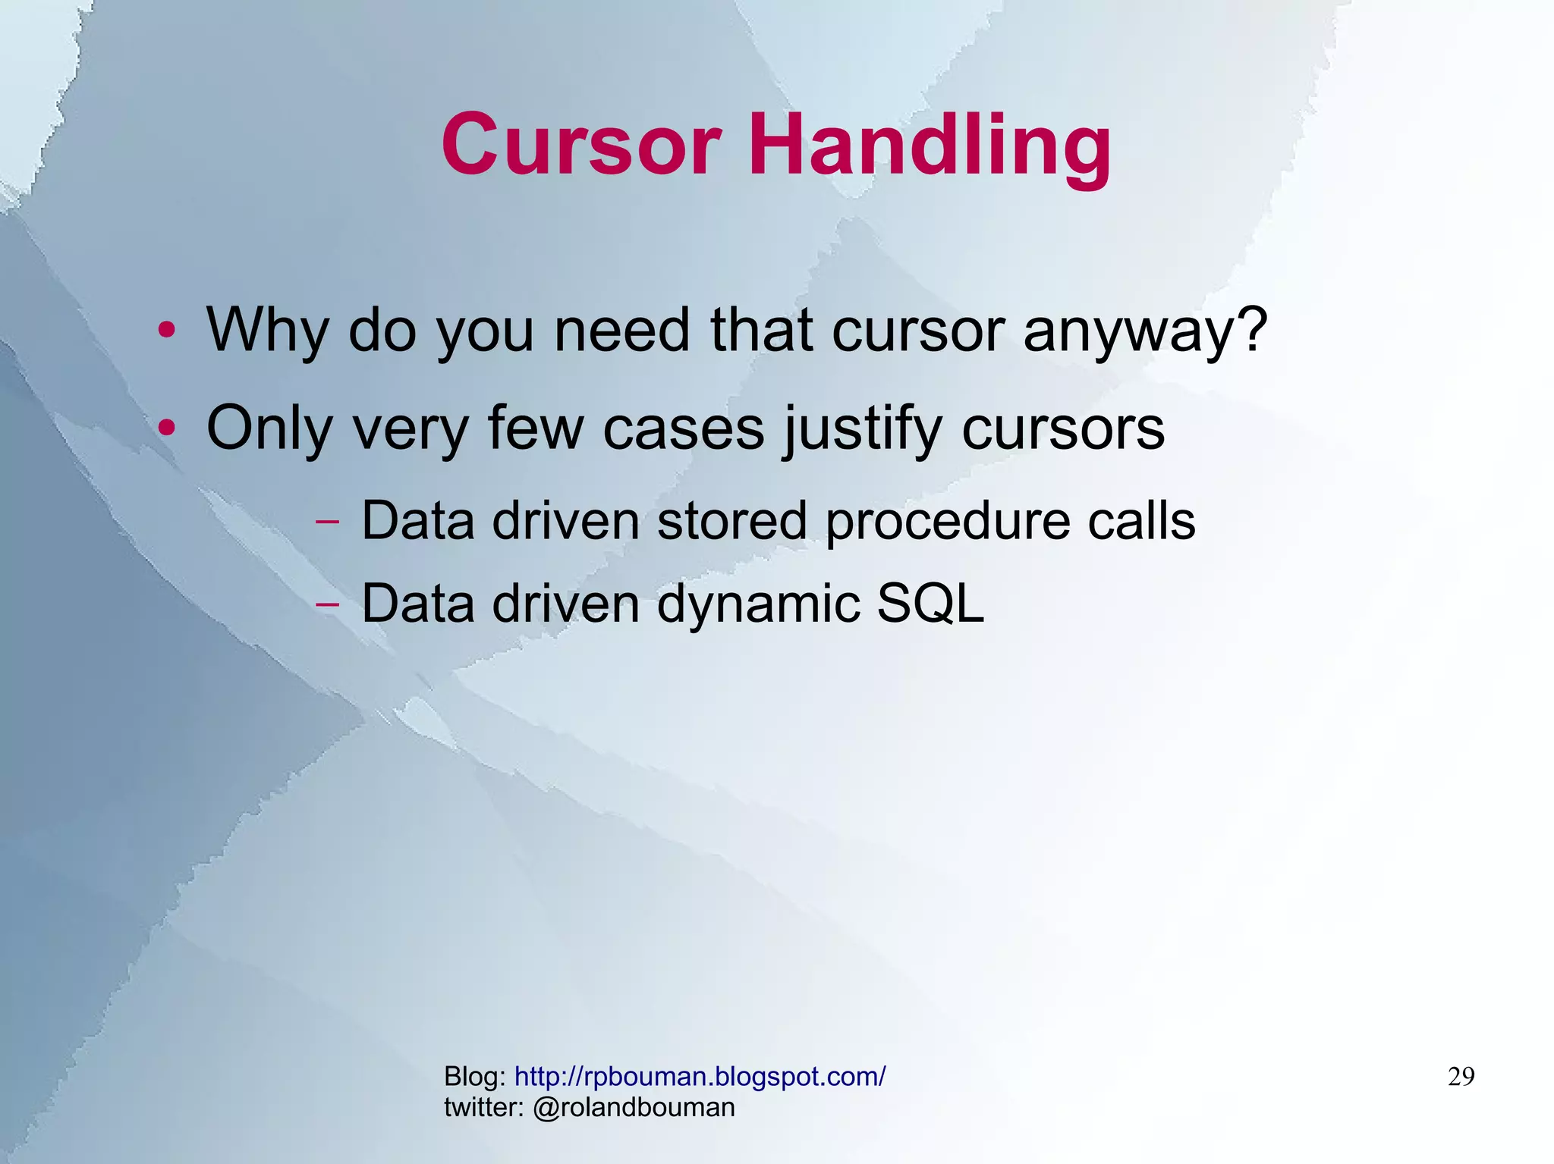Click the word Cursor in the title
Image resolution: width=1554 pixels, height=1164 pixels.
[x=580, y=144]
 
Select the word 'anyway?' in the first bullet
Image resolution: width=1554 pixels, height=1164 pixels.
[x=1145, y=331]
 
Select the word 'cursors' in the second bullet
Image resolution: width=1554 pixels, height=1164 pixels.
[x=1063, y=429]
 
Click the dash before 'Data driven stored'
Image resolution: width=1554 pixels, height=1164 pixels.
[x=327, y=522]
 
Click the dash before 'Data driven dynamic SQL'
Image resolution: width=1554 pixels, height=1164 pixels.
[x=327, y=605]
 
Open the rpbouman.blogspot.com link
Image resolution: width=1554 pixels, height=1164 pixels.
[x=700, y=1077]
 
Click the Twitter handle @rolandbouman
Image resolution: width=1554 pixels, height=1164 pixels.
[x=634, y=1108]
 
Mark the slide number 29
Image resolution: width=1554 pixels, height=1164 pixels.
[x=1461, y=1077]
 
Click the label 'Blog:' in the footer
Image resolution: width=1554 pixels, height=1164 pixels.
[x=475, y=1077]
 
